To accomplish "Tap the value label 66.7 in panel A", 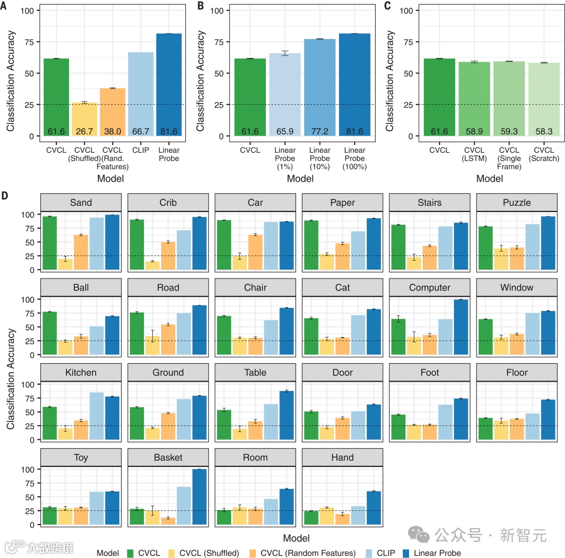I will (x=141, y=131).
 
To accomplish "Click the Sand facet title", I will (x=81, y=203).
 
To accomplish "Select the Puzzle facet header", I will (x=516, y=203).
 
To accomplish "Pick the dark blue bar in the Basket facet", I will (x=200, y=497).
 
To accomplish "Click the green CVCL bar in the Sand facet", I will (x=50, y=243).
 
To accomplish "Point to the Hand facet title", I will (x=342, y=457).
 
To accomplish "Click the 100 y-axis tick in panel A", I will (x=27, y=10).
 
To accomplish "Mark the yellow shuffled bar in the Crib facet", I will (x=153, y=265).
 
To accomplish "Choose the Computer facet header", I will (x=430, y=287).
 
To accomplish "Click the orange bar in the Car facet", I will (x=256, y=252).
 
